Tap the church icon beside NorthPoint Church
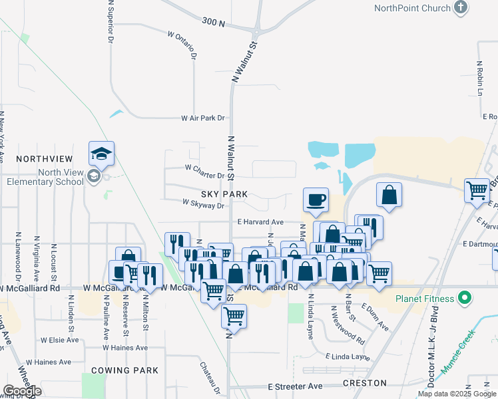(x=460, y=7)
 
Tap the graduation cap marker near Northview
(x=102, y=154)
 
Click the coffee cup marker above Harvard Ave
(x=316, y=199)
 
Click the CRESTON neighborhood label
(x=364, y=383)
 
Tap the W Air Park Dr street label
(x=203, y=118)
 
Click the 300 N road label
(x=214, y=22)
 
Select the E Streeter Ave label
(x=295, y=386)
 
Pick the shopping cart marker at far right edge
(x=477, y=191)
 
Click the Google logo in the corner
(x=22, y=391)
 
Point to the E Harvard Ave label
(x=260, y=222)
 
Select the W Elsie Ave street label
(x=60, y=340)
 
